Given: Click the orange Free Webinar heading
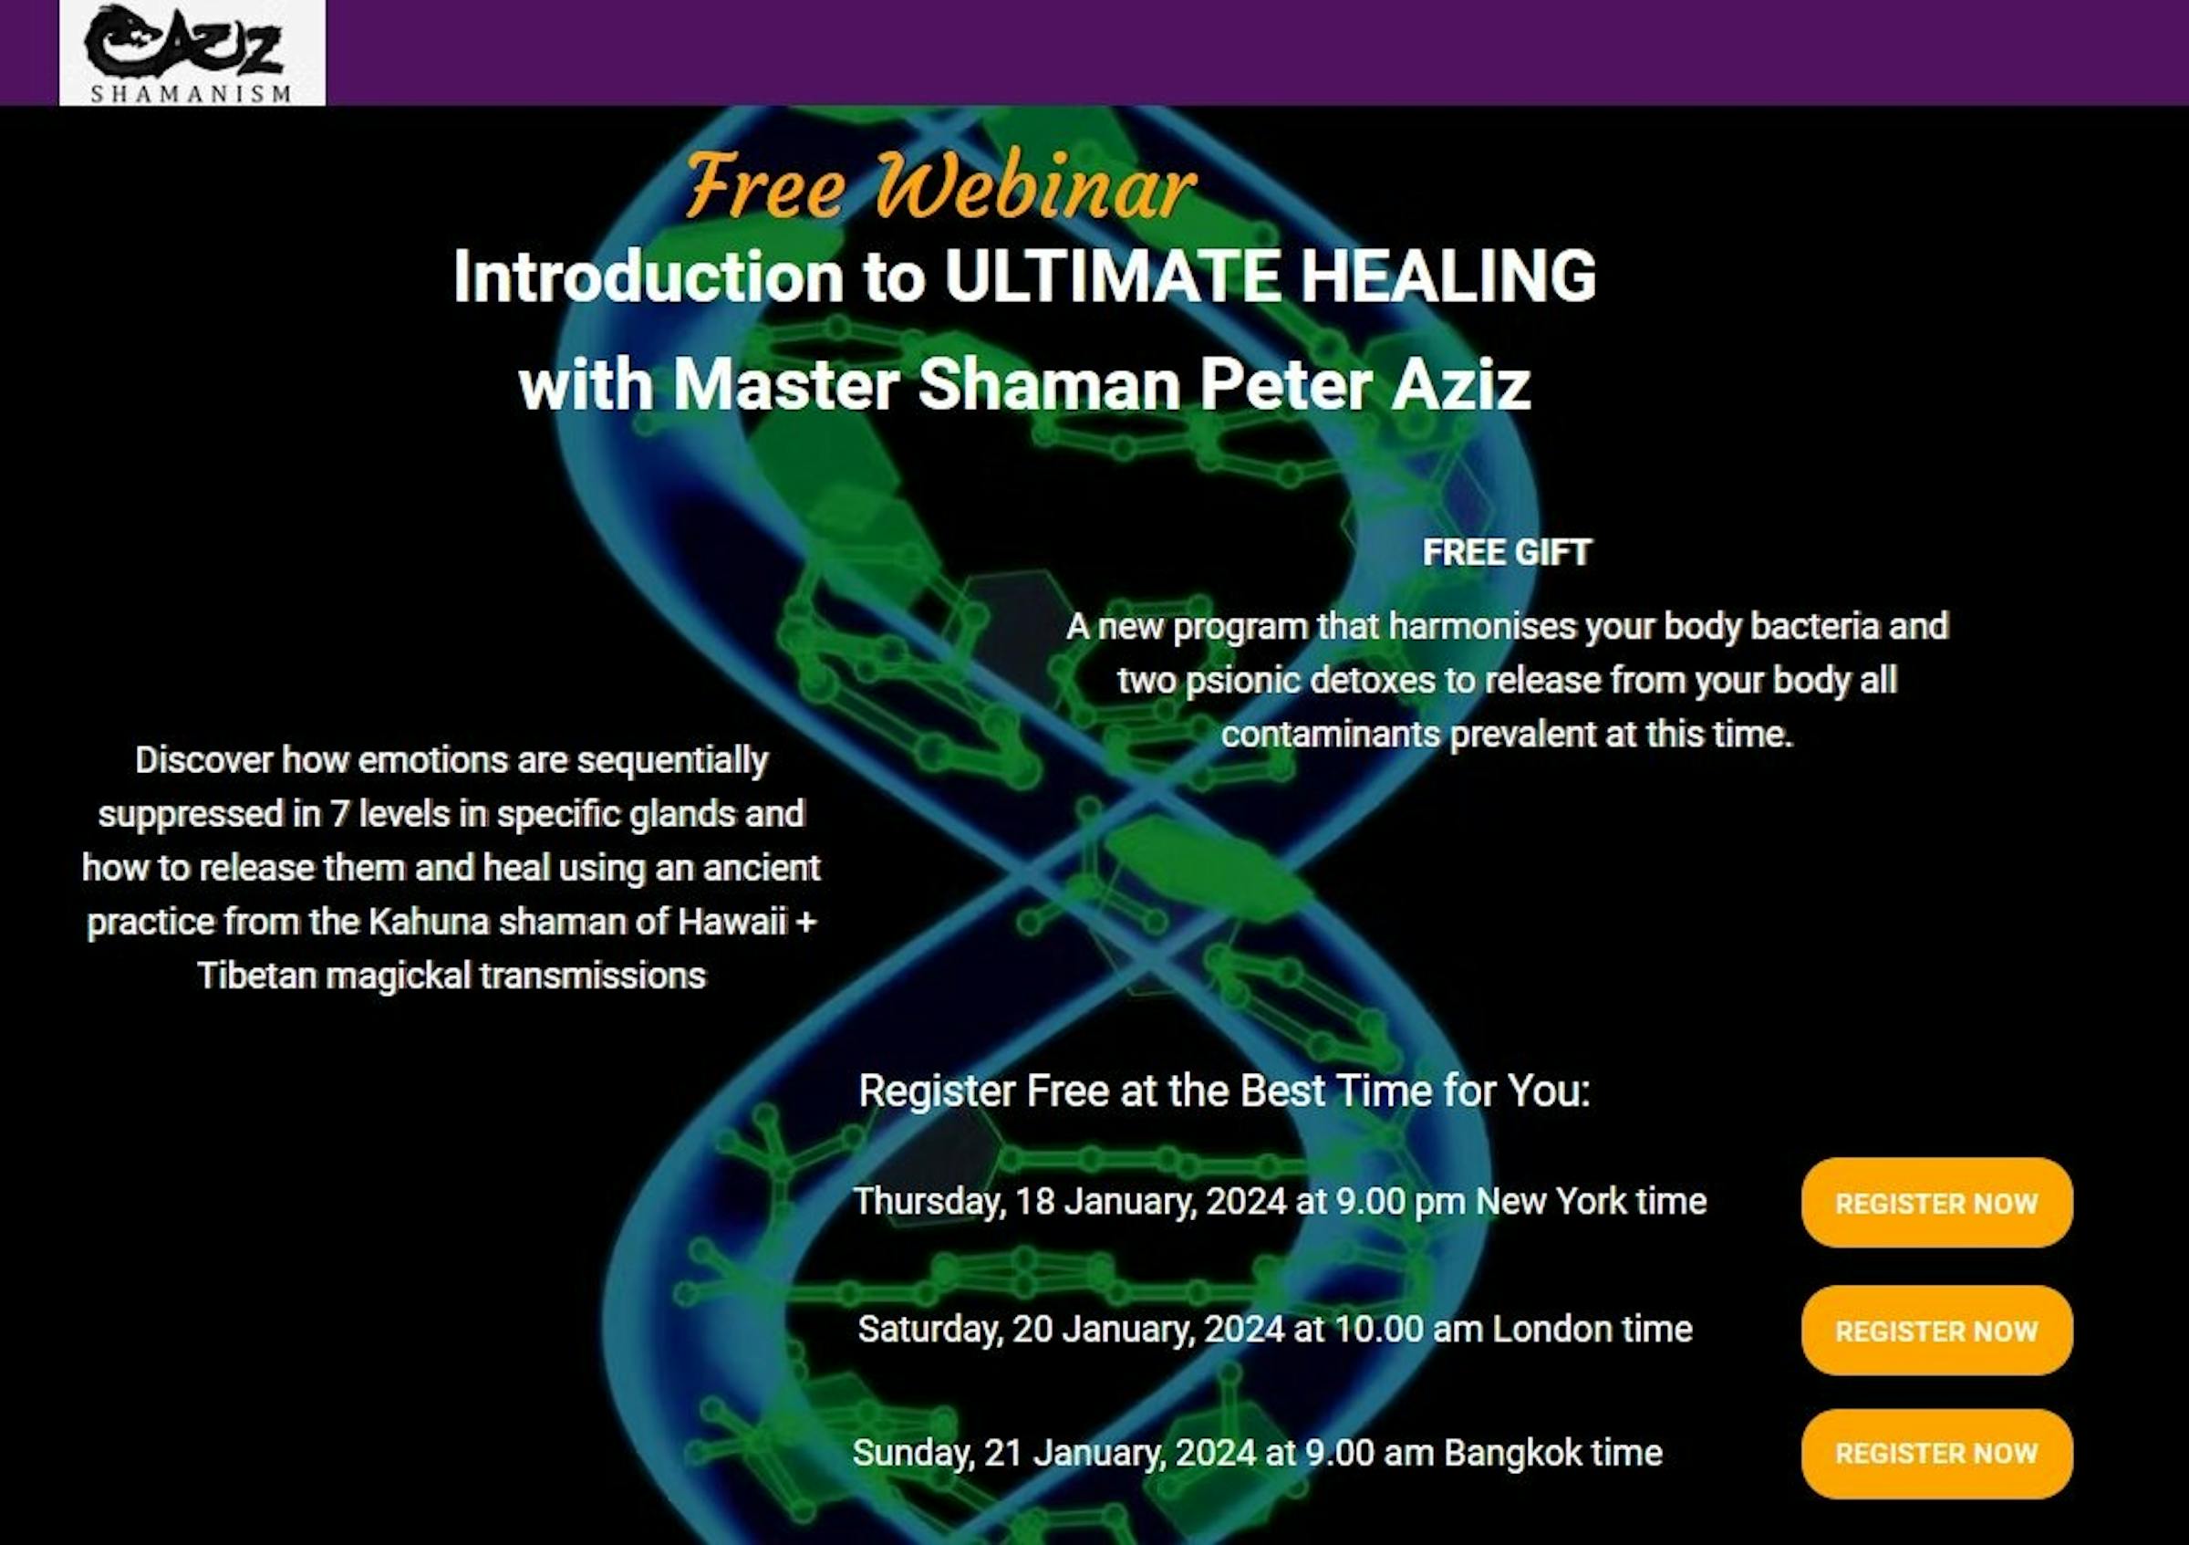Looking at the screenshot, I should (939, 186).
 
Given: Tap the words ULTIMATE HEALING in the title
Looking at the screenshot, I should (1269, 277).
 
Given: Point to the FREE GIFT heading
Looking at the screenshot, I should (1507, 552).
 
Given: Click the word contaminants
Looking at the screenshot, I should (1330, 735).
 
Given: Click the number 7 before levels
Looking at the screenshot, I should (338, 814).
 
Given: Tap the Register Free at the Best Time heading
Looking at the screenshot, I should (1224, 1091).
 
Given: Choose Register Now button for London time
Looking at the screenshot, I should (1935, 1331).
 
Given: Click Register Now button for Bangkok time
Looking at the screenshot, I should (1935, 1454).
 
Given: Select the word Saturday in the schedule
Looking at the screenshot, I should (929, 1330).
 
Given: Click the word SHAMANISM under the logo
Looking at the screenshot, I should (191, 93).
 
